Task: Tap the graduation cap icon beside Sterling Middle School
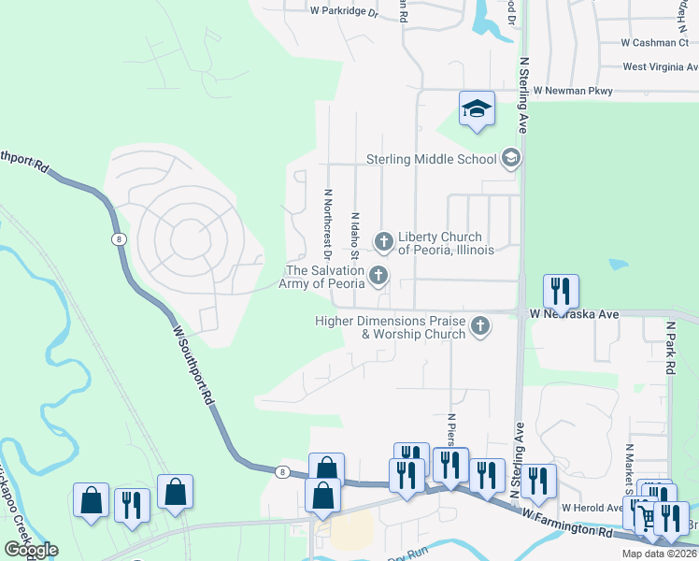point(510,158)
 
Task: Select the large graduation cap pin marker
point(476,109)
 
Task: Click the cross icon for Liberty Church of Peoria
point(383,242)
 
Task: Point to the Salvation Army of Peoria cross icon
point(378,275)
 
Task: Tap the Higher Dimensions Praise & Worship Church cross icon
point(479,326)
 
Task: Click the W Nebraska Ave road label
point(575,314)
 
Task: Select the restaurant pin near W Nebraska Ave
point(560,292)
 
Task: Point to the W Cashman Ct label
point(654,43)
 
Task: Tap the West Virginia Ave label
point(659,67)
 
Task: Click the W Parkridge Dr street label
point(344,13)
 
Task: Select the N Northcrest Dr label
point(328,223)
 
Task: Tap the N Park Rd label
point(670,348)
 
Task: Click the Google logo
point(31,549)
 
